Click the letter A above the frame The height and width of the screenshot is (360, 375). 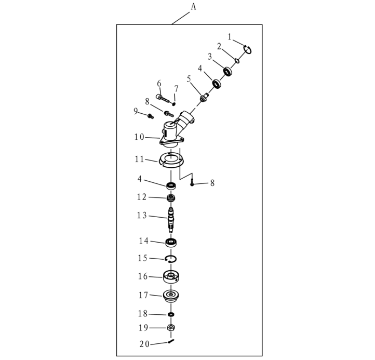coord(193,7)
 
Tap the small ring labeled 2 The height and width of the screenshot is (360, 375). coord(237,61)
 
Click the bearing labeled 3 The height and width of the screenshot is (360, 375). coord(227,71)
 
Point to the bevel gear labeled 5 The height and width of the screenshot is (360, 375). coord(205,98)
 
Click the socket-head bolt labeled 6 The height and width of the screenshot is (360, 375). coord(163,98)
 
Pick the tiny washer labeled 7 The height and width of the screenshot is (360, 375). coord(174,104)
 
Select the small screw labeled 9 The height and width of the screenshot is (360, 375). coord(151,116)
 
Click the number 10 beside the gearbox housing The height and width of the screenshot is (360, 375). coord(139,137)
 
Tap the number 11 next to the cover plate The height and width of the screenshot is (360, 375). coord(139,159)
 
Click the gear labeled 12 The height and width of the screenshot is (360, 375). coord(171,198)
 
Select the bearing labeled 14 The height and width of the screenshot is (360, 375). coord(171,243)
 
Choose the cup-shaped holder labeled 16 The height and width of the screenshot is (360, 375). coord(171,277)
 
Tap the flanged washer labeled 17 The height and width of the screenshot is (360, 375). coord(171,296)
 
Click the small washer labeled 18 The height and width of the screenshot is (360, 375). coord(171,314)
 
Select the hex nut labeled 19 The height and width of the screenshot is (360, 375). coord(171,327)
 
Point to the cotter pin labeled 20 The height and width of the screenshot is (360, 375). coord(171,341)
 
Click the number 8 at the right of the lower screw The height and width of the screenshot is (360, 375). coord(212,183)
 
